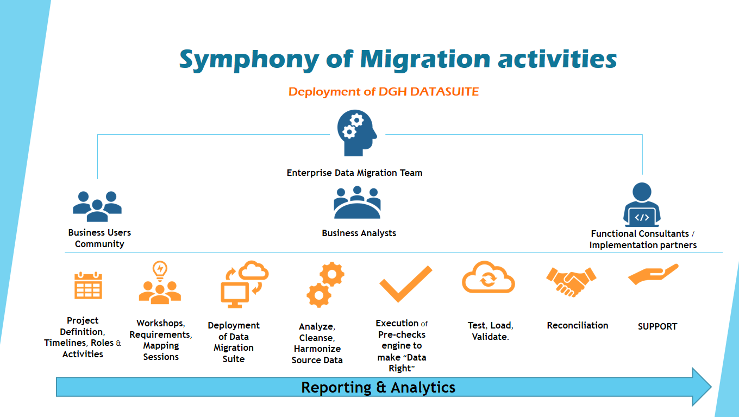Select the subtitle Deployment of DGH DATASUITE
coord(383,92)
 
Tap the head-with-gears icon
coord(356,133)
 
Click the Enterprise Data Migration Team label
coord(354,173)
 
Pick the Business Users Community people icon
coord(97,206)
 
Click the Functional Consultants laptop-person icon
coord(642,205)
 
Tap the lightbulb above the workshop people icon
coord(160,269)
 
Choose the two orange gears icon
coord(325,285)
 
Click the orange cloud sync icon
coord(488,278)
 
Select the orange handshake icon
coord(571,281)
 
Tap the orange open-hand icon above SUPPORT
coord(653,275)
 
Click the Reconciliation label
coord(577,325)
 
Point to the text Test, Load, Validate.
coord(490,331)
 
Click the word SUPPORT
coord(657,326)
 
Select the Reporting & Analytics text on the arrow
coord(378,387)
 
